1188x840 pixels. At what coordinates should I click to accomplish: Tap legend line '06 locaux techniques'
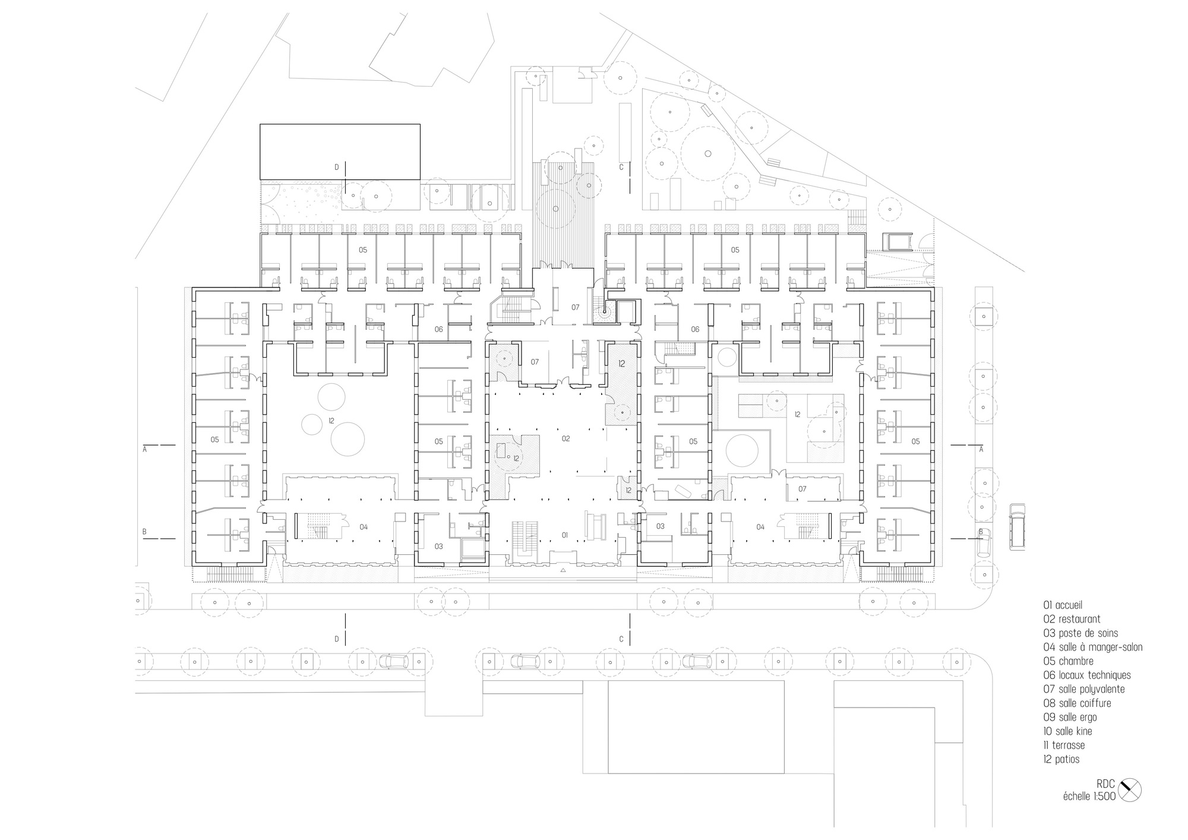(1086, 675)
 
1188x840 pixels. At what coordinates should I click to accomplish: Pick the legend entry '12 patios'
(1061, 759)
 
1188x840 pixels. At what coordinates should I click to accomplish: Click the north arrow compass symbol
(1129, 791)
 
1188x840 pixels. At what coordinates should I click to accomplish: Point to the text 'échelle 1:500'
(1089, 797)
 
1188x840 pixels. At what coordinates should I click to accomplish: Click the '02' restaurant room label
(565, 438)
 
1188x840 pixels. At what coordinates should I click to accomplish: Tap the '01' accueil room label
(565, 535)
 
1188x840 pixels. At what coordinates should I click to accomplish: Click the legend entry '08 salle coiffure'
(1077, 703)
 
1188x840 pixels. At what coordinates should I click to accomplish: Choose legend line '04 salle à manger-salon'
(1092, 647)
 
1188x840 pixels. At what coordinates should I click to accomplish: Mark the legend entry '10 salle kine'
(1067, 731)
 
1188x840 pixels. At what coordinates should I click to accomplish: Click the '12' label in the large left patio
(331, 421)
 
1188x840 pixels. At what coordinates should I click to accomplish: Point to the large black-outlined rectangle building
(340, 151)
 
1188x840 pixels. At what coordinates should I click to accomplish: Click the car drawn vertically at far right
(1017, 526)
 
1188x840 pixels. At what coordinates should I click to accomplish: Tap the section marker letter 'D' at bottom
(337, 639)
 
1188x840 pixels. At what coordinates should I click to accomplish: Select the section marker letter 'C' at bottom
(621, 639)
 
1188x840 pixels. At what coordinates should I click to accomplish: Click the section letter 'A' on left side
(145, 450)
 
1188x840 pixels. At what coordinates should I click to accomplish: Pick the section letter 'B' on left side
(145, 532)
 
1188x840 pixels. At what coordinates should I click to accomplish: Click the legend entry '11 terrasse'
(1064, 745)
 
